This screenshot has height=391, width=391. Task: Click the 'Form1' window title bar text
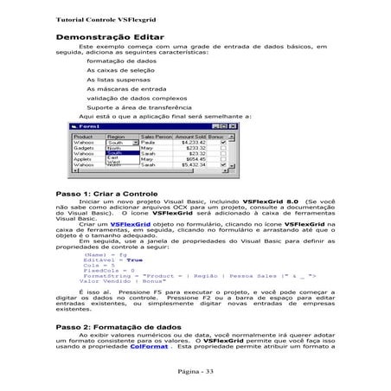(x=93, y=127)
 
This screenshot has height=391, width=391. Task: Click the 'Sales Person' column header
(x=157, y=137)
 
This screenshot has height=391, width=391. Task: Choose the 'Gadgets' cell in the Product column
(x=85, y=151)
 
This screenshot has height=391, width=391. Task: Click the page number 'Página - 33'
(x=196, y=370)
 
